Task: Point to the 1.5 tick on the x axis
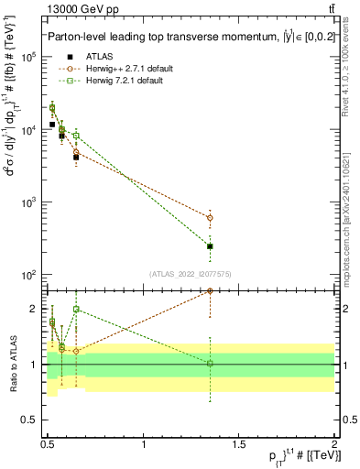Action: click(240, 442)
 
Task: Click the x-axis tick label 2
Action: click(334, 442)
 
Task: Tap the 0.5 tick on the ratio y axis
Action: click(32, 420)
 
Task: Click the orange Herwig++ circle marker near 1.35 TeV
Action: click(211, 218)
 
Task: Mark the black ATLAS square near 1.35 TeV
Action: click(211, 246)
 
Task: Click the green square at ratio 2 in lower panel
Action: click(76, 310)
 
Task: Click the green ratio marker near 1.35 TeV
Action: click(211, 364)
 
